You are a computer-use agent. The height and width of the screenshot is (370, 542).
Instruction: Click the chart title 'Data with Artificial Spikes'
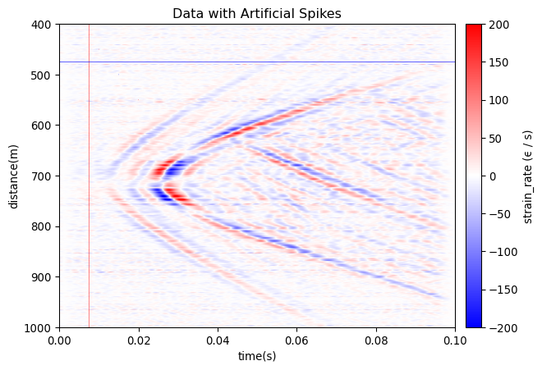click(x=257, y=13)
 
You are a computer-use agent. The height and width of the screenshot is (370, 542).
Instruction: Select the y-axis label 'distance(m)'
click(x=14, y=176)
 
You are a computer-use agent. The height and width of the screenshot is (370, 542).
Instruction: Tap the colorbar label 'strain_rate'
click(x=529, y=176)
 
